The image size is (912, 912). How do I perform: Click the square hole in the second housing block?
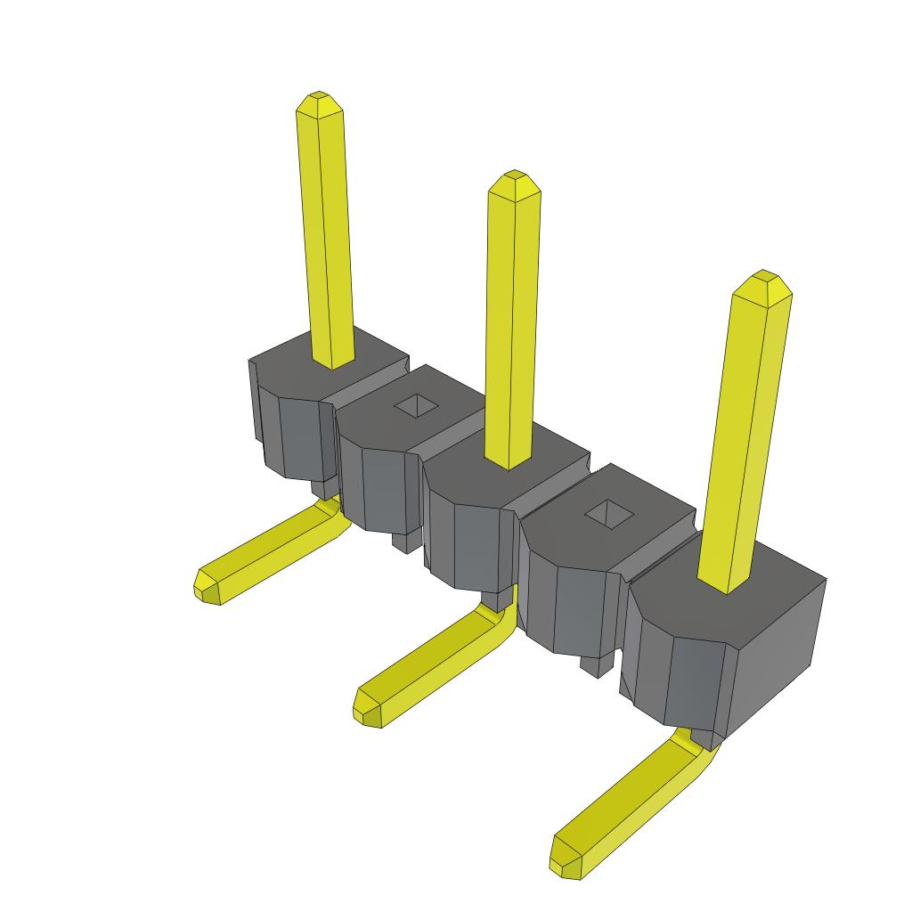(x=416, y=405)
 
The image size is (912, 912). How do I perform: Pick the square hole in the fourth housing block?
(x=610, y=511)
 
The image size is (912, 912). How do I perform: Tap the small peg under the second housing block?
(x=405, y=541)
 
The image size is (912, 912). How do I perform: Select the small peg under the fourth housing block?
(x=595, y=664)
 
